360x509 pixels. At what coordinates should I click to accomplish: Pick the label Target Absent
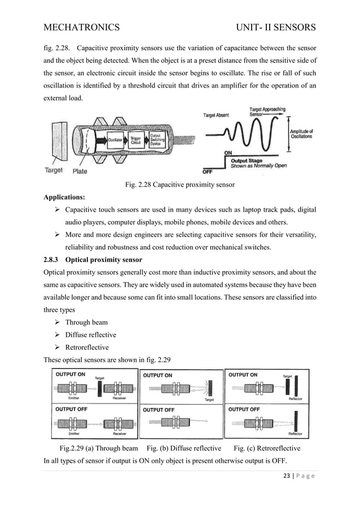click(x=216, y=115)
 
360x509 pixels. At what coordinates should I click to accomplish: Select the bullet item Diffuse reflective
click(x=90, y=335)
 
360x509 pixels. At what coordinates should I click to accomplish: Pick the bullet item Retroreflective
click(x=87, y=347)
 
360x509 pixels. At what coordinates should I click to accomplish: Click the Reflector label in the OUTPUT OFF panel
click(x=295, y=433)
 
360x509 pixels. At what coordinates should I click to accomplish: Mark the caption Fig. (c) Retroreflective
click(x=266, y=449)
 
